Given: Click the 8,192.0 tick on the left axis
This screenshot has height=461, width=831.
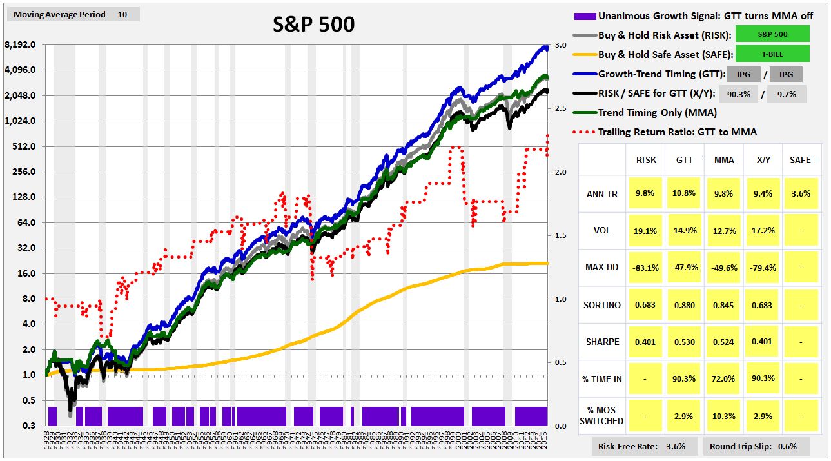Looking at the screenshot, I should (x=19, y=45).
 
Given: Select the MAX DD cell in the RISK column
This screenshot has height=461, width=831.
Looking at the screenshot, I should (x=646, y=268).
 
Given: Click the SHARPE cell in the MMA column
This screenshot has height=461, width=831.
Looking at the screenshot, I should (x=724, y=342).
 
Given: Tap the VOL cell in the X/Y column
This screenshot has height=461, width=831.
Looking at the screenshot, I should (x=761, y=230).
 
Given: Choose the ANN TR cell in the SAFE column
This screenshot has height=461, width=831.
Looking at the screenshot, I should (x=799, y=193).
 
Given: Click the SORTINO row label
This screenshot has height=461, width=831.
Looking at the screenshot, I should (x=603, y=305).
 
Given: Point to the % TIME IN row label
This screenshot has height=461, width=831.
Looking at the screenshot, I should (x=603, y=379).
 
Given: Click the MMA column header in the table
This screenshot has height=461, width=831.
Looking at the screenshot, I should (x=724, y=160).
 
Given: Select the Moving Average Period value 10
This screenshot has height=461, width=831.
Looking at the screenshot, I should (x=122, y=14).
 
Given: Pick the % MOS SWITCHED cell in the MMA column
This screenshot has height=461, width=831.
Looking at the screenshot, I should (x=724, y=416).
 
